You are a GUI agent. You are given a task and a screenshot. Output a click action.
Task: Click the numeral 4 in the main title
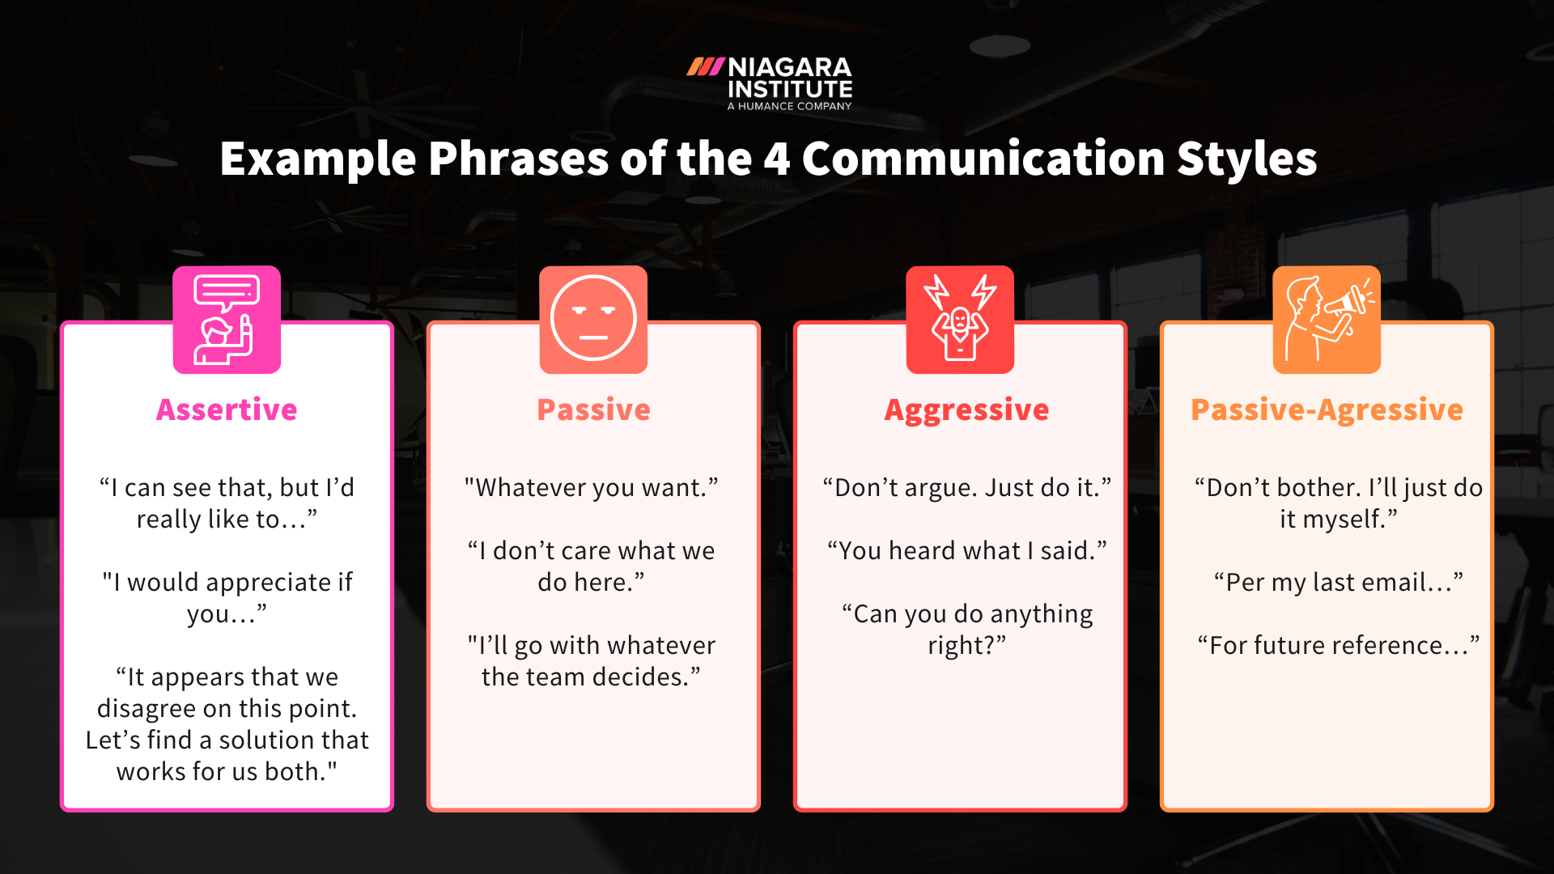pos(776,159)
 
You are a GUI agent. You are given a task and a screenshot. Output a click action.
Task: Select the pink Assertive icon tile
pos(227,320)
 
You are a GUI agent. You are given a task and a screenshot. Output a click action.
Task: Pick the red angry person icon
pos(960,320)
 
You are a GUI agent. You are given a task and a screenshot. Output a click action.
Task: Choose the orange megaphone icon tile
pos(1327,320)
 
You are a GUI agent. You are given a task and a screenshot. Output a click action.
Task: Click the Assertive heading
pos(227,409)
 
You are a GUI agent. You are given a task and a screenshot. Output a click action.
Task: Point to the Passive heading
pos(593,409)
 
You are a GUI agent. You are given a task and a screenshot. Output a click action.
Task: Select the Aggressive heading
pos(966,410)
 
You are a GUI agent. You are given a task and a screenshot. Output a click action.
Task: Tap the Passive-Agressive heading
pos(1327,410)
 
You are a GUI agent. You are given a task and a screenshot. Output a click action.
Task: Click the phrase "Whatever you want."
pos(591,488)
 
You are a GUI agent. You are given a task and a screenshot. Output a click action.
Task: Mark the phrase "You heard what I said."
pos(966,551)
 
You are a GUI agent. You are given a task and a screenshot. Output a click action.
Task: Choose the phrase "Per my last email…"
pos(1338,583)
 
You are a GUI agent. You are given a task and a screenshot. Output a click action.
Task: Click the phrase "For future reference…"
pos(1338,646)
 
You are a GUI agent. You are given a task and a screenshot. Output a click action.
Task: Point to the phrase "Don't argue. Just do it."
pos(966,488)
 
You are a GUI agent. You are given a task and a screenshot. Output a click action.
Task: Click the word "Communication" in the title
pos(983,159)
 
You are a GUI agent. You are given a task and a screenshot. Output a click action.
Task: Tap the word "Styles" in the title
pos(1246,159)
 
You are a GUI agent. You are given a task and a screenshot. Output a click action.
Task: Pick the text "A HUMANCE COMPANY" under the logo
pos(789,106)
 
